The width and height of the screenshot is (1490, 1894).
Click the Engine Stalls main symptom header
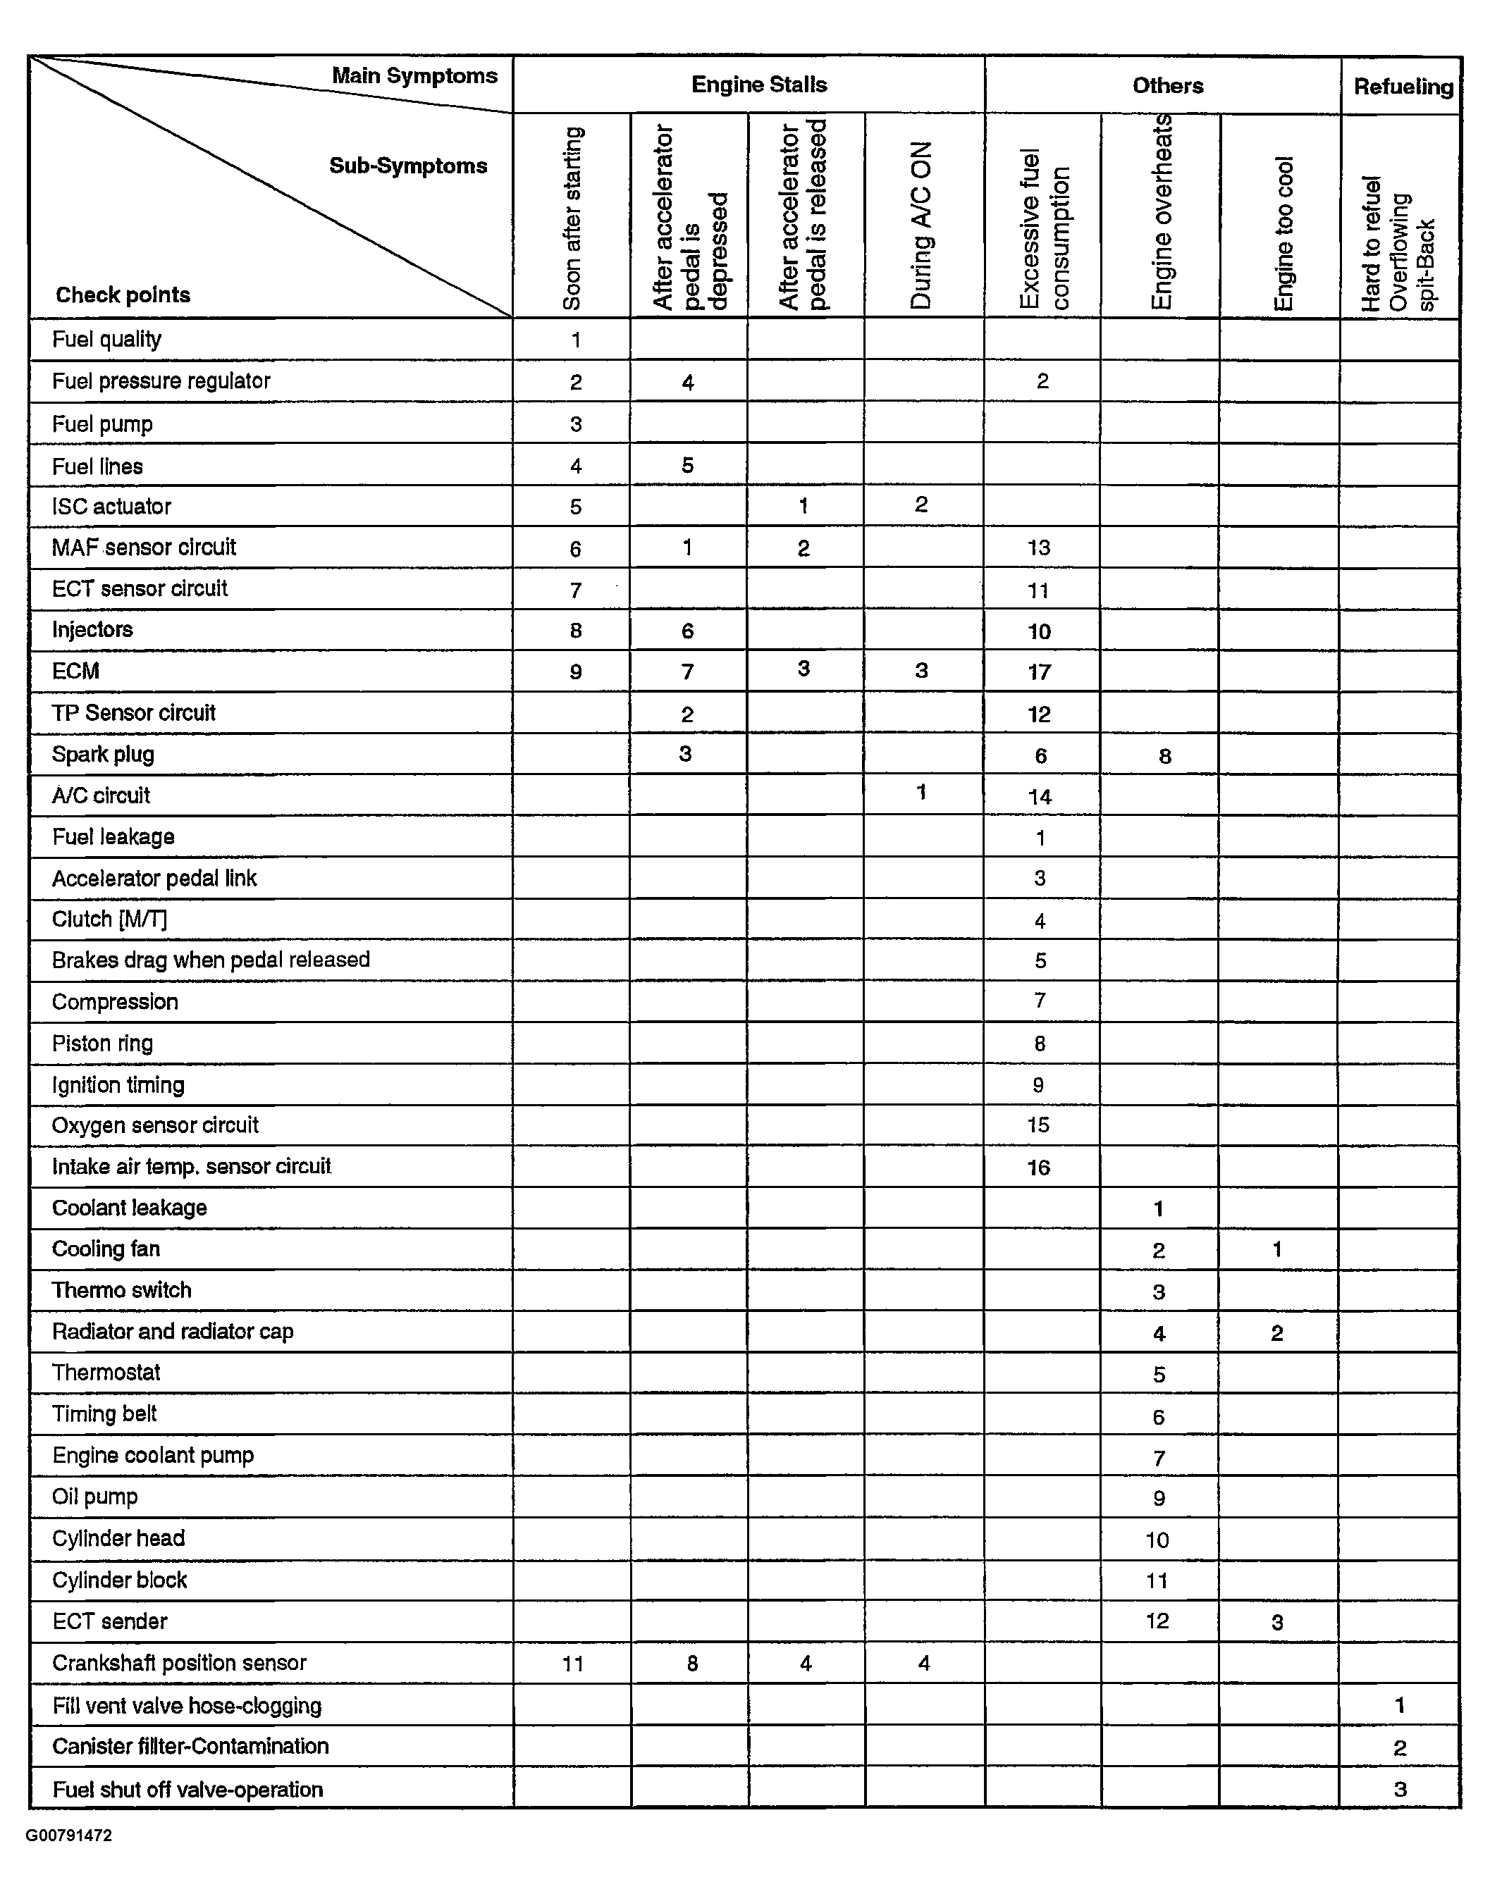click(759, 85)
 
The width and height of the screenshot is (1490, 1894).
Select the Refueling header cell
click(1403, 87)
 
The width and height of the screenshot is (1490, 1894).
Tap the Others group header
click(1167, 85)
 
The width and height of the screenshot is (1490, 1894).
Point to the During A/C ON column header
click(922, 225)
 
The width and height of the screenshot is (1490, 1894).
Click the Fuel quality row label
click(106, 339)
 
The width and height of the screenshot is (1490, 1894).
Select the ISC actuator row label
click(111, 507)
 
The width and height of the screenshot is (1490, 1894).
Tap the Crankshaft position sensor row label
click(179, 1663)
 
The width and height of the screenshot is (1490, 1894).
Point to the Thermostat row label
click(106, 1373)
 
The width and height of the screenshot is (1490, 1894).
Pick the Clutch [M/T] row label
click(109, 919)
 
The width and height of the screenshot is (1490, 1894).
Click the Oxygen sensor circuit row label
click(154, 1125)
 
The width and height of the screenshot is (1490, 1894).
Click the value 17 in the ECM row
click(1039, 672)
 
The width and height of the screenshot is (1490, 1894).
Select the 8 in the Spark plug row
click(1164, 756)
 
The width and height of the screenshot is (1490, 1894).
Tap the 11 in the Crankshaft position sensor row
click(572, 1664)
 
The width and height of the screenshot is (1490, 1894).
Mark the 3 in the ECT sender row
click(1277, 1623)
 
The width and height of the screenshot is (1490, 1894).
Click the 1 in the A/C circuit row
click(921, 793)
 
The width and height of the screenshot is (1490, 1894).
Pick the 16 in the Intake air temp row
click(1038, 1168)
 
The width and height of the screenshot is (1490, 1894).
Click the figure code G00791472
click(69, 1836)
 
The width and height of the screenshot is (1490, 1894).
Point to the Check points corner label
click(123, 295)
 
